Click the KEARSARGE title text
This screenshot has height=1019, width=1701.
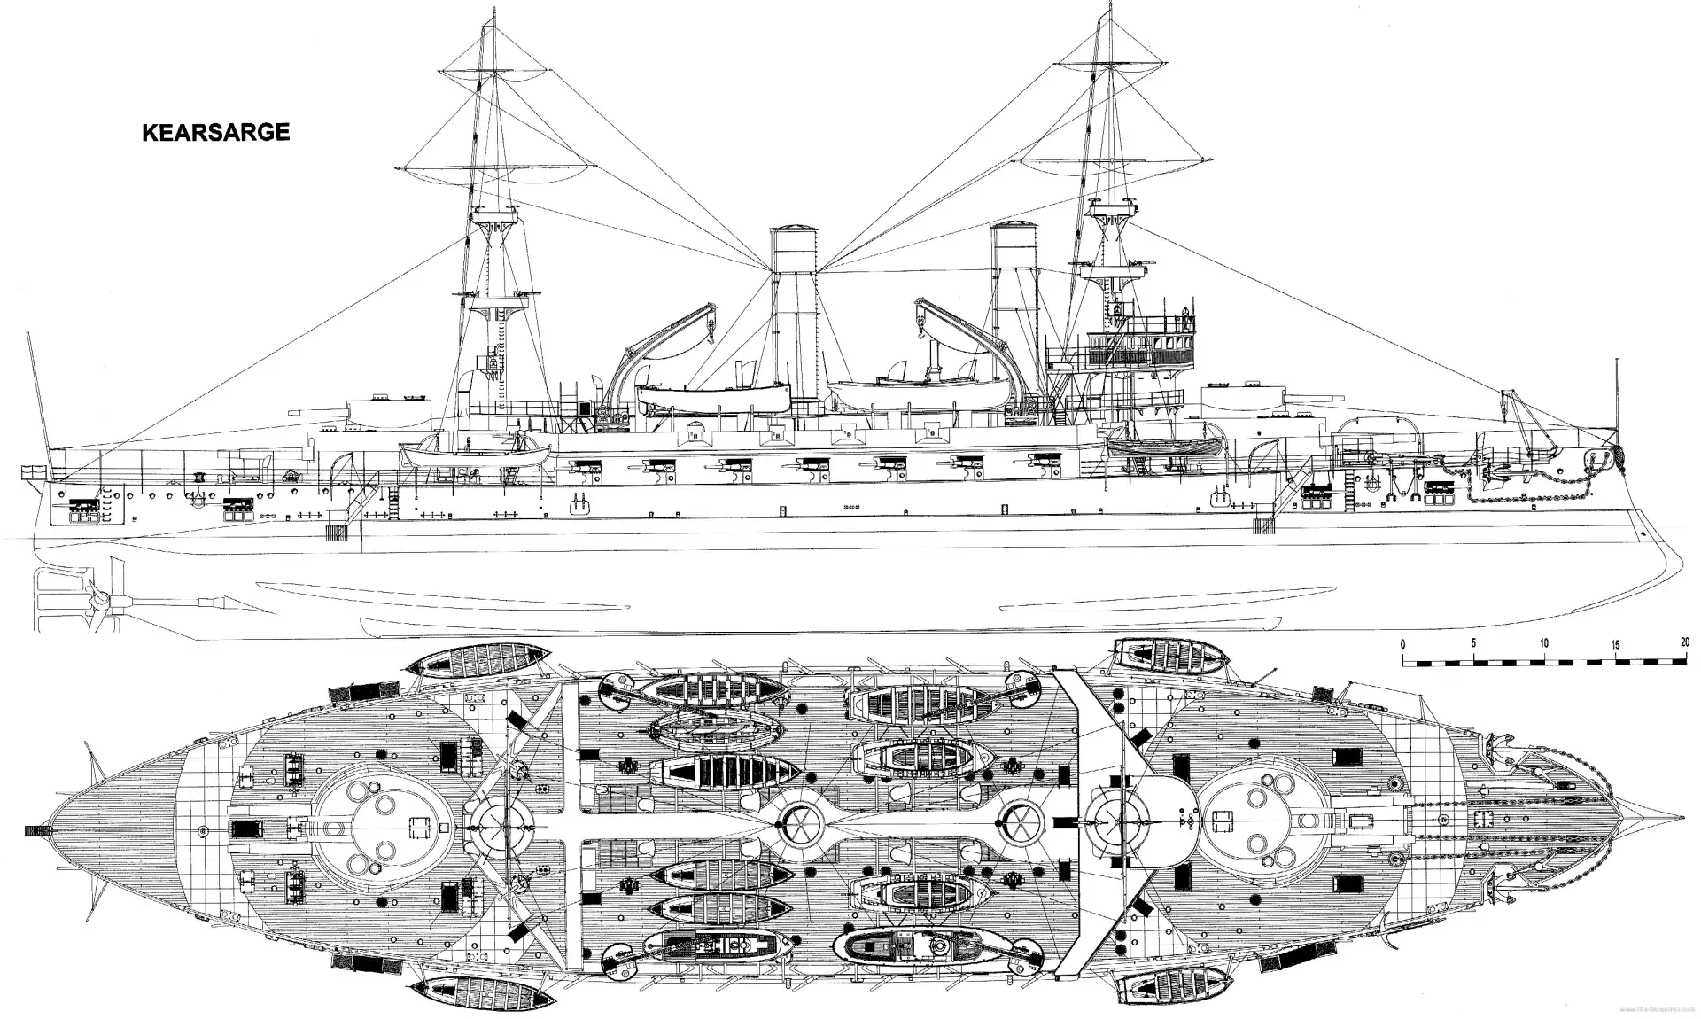point(215,133)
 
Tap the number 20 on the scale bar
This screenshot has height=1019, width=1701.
point(1683,643)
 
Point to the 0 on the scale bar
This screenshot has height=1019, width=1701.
point(1403,643)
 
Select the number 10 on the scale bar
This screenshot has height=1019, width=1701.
point(1543,643)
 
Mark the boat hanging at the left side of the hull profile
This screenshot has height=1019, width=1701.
point(474,454)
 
